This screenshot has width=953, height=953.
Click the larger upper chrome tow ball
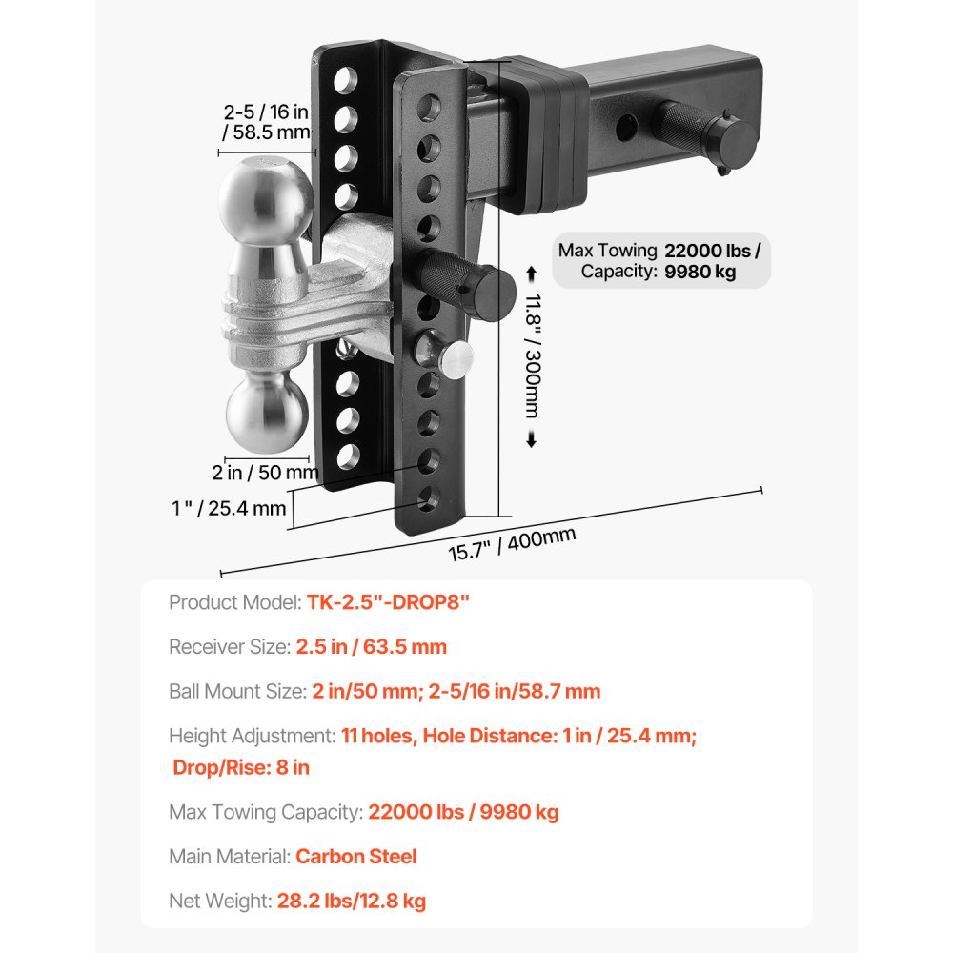tap(260, 198)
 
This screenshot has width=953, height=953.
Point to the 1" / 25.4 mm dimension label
tap(230, 508)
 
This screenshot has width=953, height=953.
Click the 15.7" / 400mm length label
tap(513, 544)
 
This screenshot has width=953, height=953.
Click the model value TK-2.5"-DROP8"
tap(389, 602)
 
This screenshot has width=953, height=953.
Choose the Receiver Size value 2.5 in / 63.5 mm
tap(372, 647)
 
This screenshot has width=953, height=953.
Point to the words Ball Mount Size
tap(236, 691)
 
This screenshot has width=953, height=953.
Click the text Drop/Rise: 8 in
tap(241, 767)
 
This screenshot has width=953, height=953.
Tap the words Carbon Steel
tap(356, 856)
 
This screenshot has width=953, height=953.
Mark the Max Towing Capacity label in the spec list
tap(266, 812)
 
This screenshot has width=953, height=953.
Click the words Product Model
tap(234, 602)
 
